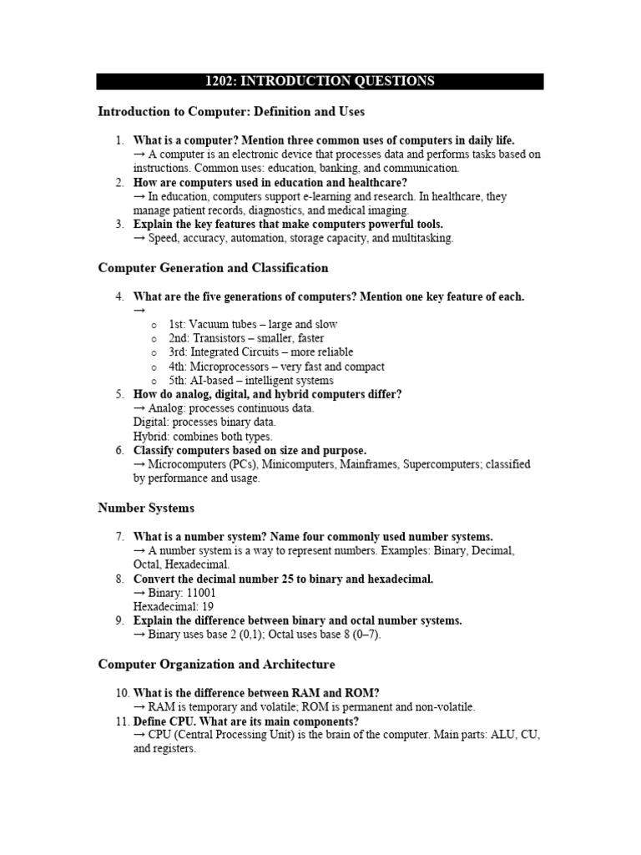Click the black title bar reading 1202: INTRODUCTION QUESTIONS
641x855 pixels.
(x=320, y=81)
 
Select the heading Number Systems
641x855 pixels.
(x=146, y=508)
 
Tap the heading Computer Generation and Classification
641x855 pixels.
(x=213, y=268)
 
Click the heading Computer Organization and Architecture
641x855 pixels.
(x=216, y=665)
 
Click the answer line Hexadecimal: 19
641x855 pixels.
(x=168, y=607)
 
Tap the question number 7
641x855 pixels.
(x=120, y=536)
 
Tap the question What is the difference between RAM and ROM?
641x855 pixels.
(x=256, y=692)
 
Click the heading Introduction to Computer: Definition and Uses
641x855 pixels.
(x=231, y=111)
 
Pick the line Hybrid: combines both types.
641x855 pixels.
(x=203, y=437)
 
